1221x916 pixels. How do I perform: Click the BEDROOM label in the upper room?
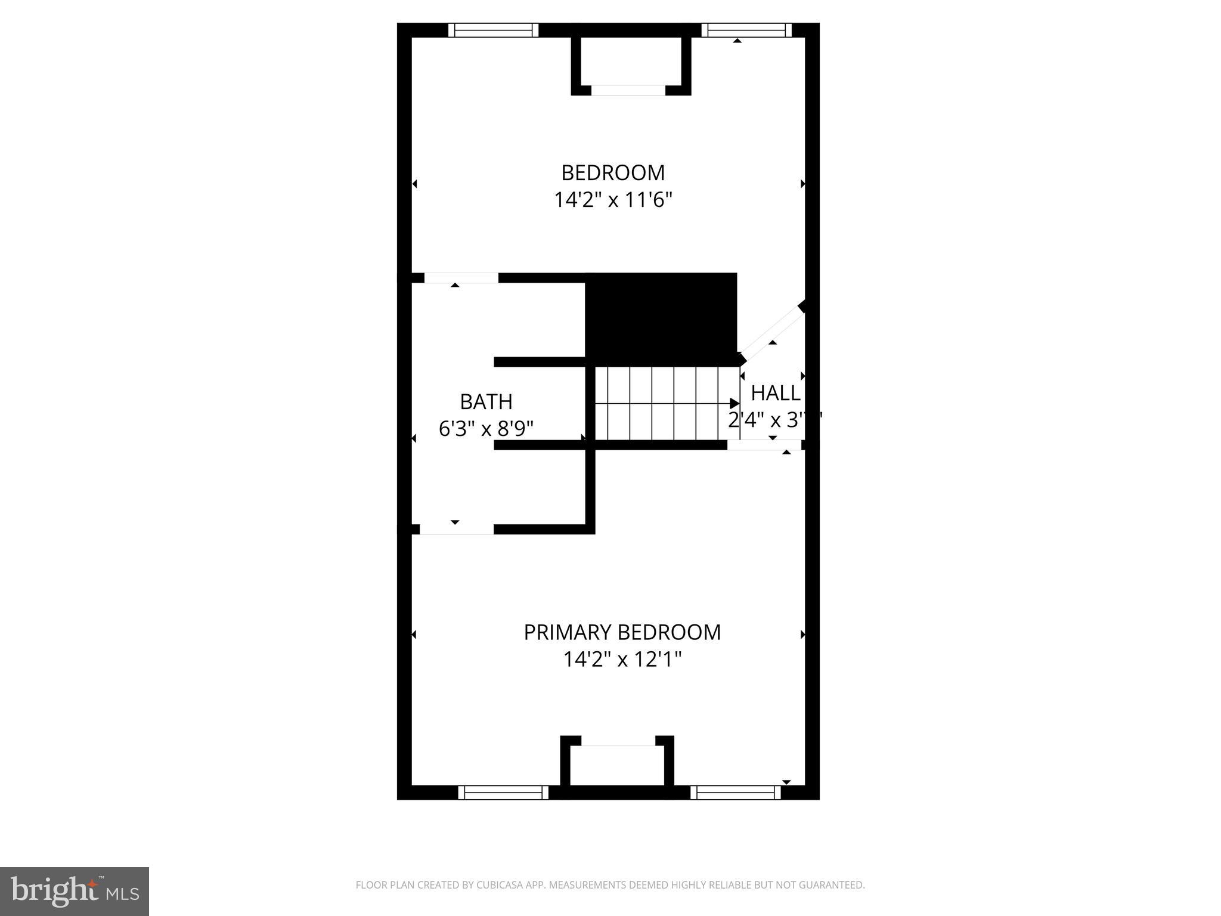(x=613, y=172)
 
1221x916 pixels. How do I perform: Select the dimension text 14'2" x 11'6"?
(x=613, y=200)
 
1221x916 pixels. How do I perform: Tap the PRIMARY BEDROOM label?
(x=622, y=632)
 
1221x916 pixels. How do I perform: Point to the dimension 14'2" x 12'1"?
(x=622, y=660)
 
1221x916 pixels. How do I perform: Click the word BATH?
(x=486, y=402)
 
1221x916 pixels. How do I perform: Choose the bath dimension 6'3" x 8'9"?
(x=486, y=429)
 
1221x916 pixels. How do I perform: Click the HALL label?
(x=775, y=393)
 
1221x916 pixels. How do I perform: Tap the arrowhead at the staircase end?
(x=735, y=404)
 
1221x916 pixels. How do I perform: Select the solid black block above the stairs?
(x=661, y=315)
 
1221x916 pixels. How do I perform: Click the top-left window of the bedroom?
(x=493, y=30)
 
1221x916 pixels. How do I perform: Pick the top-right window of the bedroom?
(x=746, y=30)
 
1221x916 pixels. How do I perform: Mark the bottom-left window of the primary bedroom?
(x=503, y=793)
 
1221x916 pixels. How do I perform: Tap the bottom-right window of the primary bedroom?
(x=736, y=793)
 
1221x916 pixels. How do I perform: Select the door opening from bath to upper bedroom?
(x=461, y=278)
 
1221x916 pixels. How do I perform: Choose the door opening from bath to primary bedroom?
(x=457, y=530)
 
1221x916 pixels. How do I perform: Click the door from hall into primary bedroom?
(x=764, y=445)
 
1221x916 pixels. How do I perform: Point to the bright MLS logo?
(x=74, y=891)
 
